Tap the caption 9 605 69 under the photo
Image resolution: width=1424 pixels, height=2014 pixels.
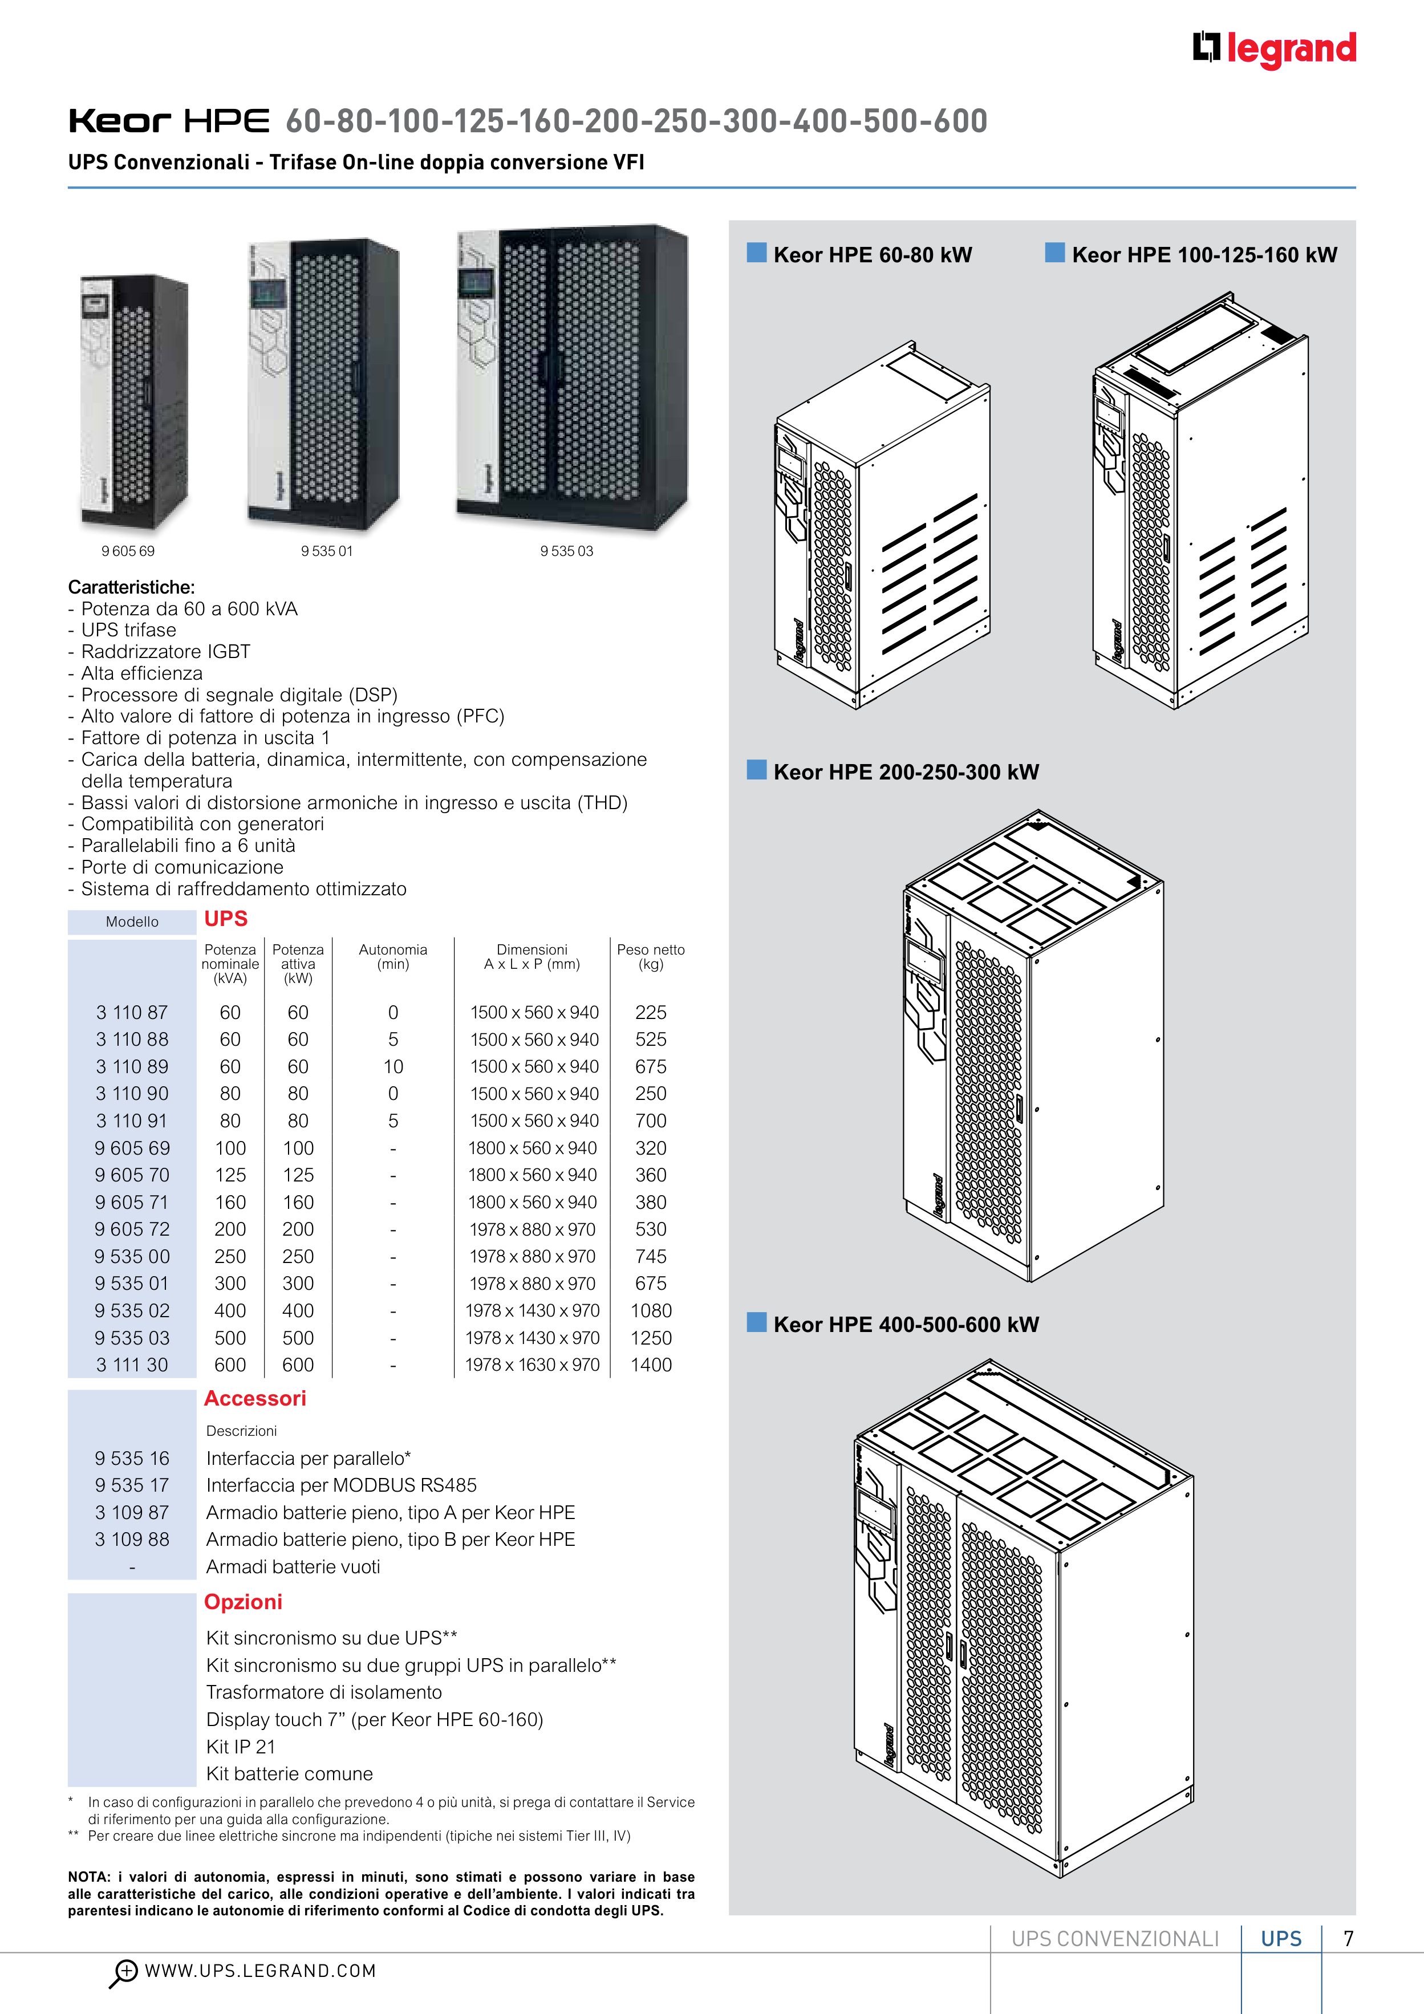(x=128, y=551)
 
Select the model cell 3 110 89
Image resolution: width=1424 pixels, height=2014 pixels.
(x=132, y=1067)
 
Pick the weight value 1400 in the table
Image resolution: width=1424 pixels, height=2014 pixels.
(x=651, y=1365)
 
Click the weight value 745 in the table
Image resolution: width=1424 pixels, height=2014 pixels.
(x=651, y=1256)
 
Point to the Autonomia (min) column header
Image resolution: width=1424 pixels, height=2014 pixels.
(x=393, y=956)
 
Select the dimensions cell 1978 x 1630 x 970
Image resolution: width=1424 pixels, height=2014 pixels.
(x=533, y=1365)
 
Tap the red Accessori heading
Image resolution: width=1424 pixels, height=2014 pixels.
(x=255, y=1398)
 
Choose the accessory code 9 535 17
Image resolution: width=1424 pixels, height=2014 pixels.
(x=132, y=1485)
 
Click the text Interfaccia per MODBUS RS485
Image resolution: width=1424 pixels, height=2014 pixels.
(x=341, y=1485)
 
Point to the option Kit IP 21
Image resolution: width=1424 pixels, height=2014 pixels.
(x=241, y=1747)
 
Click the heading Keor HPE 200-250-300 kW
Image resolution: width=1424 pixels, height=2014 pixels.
(x=906, y=772)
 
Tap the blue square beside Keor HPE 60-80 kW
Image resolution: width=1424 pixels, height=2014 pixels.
(x=756, y=254)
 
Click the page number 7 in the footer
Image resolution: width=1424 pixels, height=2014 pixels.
(x=1349, y=1939)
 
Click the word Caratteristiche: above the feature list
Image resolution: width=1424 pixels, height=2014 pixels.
(x=132, y=587)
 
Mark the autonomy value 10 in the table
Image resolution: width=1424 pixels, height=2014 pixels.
(x=393, y=1067)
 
